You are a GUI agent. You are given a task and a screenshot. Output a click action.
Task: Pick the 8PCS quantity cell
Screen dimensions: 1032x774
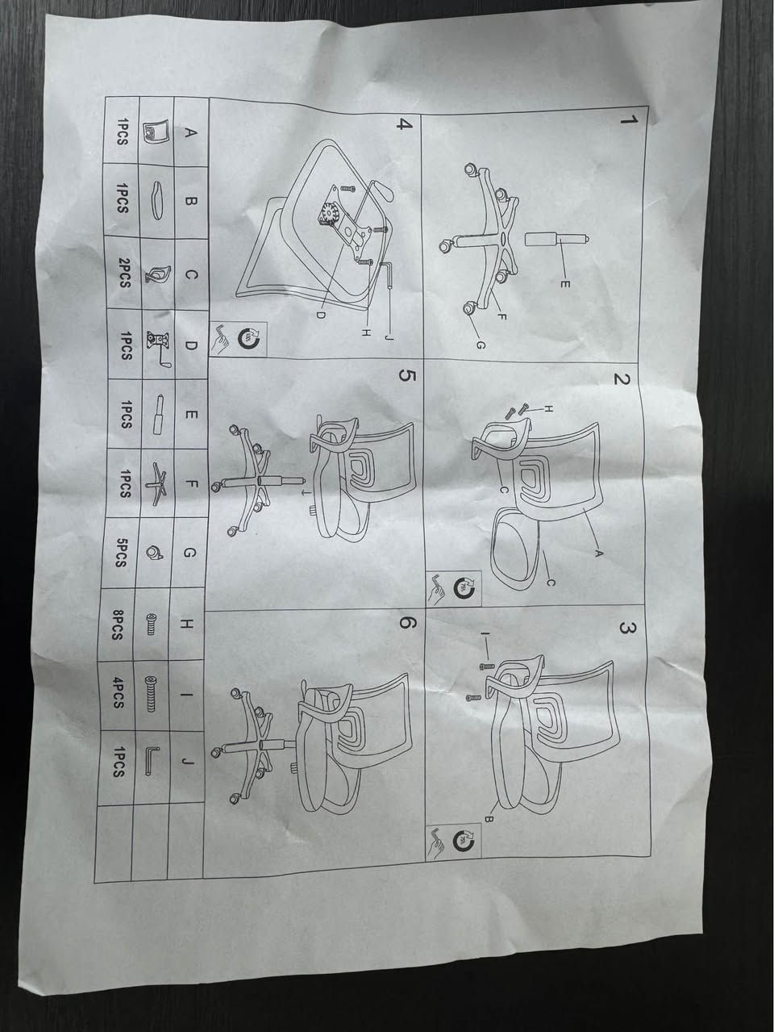point(117,625)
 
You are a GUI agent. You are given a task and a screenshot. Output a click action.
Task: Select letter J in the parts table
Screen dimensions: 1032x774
point(188,760)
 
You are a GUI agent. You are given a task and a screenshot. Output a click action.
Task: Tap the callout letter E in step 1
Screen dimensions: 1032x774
point(565,284)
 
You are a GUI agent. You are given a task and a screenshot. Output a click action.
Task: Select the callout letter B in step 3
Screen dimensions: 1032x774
point(489,820)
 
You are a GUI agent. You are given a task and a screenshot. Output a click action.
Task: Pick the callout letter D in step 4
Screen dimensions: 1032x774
point(320,315)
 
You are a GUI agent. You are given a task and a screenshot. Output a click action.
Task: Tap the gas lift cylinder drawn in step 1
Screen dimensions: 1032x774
point(556,239)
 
